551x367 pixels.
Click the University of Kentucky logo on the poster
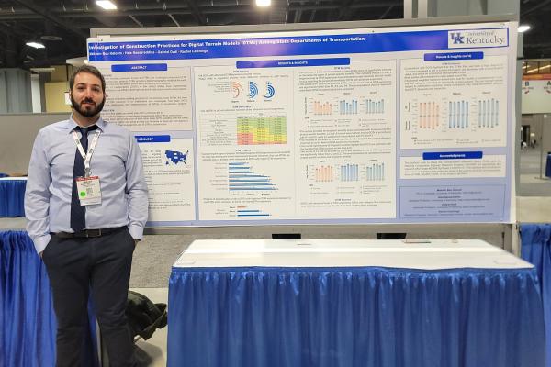[477, 38]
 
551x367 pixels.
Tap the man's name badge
[89, 189]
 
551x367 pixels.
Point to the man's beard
[88, 108]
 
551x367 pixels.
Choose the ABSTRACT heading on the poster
[140, 67]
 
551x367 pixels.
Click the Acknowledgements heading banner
[452, 156]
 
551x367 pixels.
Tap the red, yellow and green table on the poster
[261, 129]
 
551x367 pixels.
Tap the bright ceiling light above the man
[107, 5]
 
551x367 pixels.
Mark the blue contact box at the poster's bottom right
[452, 201]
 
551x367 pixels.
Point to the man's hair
[87, 72]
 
